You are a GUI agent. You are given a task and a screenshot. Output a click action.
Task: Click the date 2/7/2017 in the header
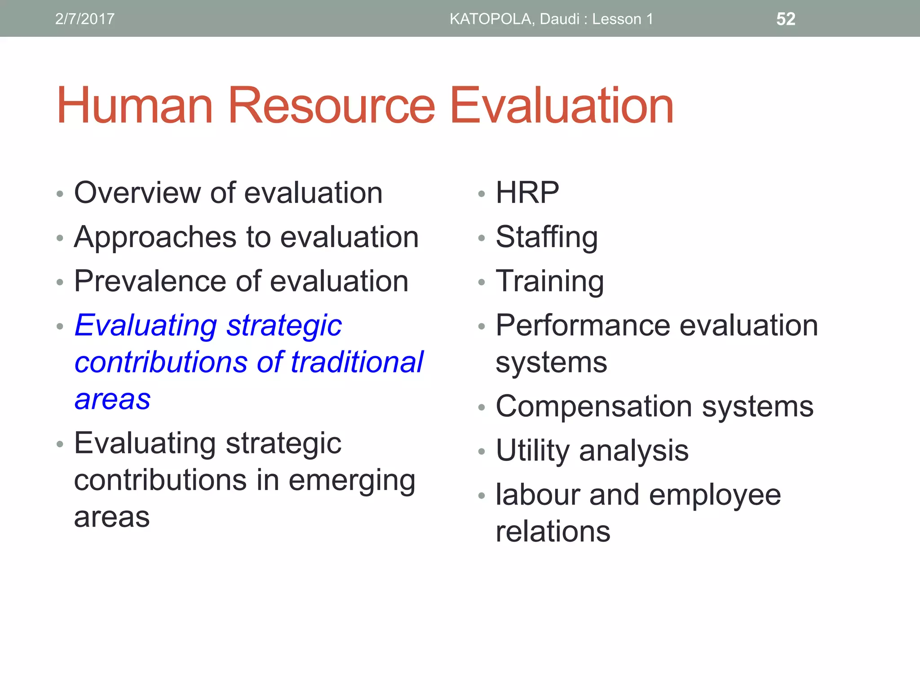click(x=84, y=19)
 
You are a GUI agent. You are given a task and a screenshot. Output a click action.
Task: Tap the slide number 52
click(x=786, y=19)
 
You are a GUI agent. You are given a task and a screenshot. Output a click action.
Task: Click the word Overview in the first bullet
click(x=137, y=193)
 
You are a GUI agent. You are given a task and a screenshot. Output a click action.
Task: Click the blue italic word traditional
click(x=357, y=362)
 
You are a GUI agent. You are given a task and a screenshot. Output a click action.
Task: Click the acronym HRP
click(x=527, y=193)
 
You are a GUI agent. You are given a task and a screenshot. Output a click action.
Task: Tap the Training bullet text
click(x=550, y=282)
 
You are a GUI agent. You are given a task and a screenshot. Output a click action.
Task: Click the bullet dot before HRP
click(x=482, y=194)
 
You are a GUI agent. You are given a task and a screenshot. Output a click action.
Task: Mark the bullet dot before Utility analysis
click(x=482, y=451)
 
